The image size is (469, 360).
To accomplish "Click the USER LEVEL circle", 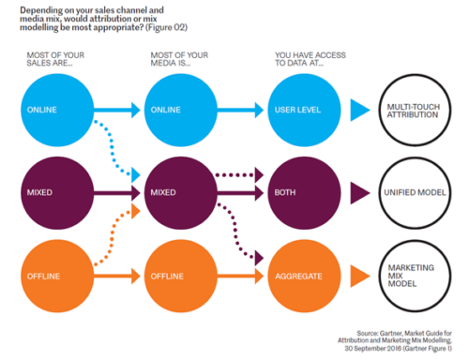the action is point(304,111).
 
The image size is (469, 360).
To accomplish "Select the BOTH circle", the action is point(304,193).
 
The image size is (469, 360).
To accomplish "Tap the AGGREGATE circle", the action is point(304,276).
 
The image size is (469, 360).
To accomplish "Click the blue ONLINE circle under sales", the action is point(57,111).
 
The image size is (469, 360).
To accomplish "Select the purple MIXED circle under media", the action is point(181,193).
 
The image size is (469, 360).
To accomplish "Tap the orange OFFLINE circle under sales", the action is point(57,276).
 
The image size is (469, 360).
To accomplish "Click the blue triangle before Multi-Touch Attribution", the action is point(359,110).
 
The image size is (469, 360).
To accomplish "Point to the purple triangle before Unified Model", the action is point(359,193).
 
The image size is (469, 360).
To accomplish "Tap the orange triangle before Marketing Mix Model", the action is point(359,277).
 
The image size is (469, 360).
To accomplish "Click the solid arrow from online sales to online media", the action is point(117,110).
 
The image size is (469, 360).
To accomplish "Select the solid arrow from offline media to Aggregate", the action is point(240,277).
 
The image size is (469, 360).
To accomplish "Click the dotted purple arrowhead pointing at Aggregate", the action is point(259,258).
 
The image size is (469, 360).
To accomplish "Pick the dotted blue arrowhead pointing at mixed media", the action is point(136,175).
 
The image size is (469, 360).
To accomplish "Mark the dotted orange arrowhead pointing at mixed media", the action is point(136,211).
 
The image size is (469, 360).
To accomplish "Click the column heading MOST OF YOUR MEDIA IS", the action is point(179,59).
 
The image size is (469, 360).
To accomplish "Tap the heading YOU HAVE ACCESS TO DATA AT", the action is point(310,59).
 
